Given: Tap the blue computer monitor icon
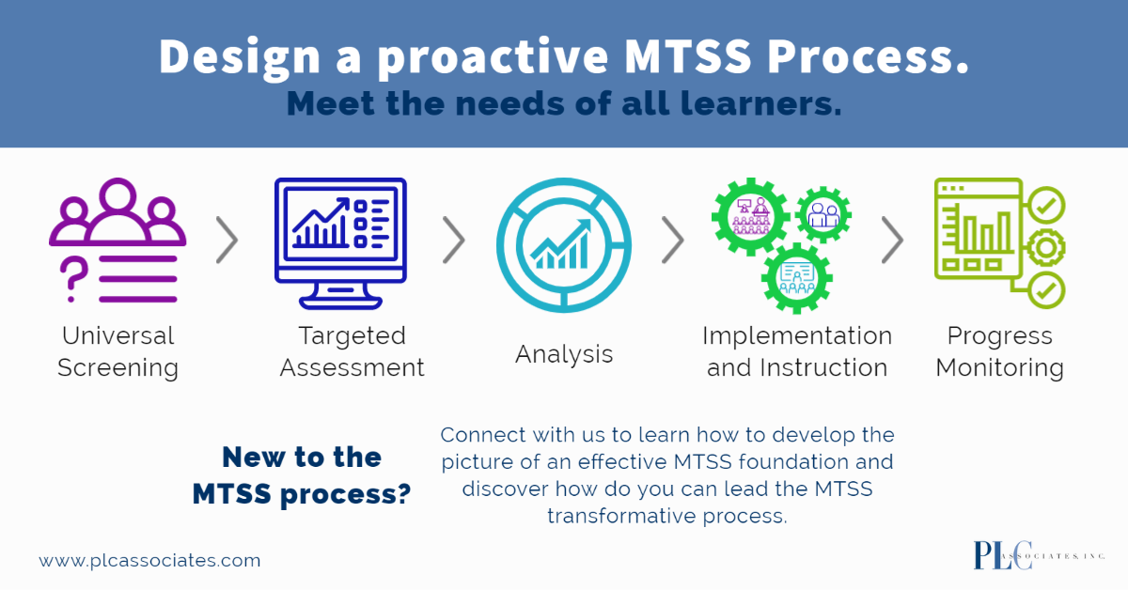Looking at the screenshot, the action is pyautogui.click(x=340, y=243).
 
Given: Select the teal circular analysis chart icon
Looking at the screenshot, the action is pyautogui.click(x=563, y=244).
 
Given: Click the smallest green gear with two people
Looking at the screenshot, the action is pyautogui.click(x=823, y=215).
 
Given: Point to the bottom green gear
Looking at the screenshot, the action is pyautogui.click(x=797, y=278).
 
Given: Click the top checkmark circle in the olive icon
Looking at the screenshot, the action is pyautogui.click(x=1046, y=205).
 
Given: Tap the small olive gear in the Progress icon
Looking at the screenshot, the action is pyautogui.click(x=1046, y=248).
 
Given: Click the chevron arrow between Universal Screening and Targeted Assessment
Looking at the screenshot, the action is pyautogui.click(x=227, y=241).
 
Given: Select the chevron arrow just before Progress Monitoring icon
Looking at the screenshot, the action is pyautogui.click(x=892, y=241).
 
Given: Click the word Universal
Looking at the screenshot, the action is pyautogui.click(x=117, y=335).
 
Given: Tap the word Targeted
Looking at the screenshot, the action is pyautogui.click(x=352, y=335).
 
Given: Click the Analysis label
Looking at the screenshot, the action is pyautogui.click(x=564, y=354).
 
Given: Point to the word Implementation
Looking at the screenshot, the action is pyautogui.click(x=797, y=335).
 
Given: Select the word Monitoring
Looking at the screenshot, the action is pyautogui.click(x=999, y=367).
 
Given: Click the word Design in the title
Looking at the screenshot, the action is pyautogui.click(x=240, y=57).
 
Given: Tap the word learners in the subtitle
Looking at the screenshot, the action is pyautogui.click(x=760, y=103).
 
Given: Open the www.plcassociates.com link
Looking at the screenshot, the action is pyautogui.click(x=149, y=560).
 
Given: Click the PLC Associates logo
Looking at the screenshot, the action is pyautogui.click(x=1039, y=556).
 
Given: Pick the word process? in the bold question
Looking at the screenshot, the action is pyautogui.click(x=346, y=494).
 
